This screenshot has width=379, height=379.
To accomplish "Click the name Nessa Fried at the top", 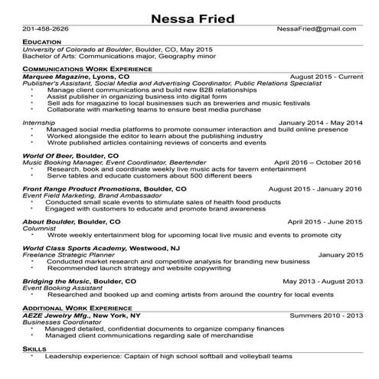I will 189,18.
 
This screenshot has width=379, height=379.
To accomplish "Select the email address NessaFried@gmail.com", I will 316,29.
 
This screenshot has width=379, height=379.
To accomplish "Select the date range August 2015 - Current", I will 326,77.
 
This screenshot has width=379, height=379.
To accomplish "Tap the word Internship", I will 39,123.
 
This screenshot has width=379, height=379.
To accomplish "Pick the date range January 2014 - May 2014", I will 320,123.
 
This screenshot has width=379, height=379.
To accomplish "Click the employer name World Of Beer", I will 47,155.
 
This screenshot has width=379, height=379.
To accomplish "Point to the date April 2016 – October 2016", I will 317,162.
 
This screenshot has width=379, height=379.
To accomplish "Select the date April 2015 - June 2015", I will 323,221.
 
